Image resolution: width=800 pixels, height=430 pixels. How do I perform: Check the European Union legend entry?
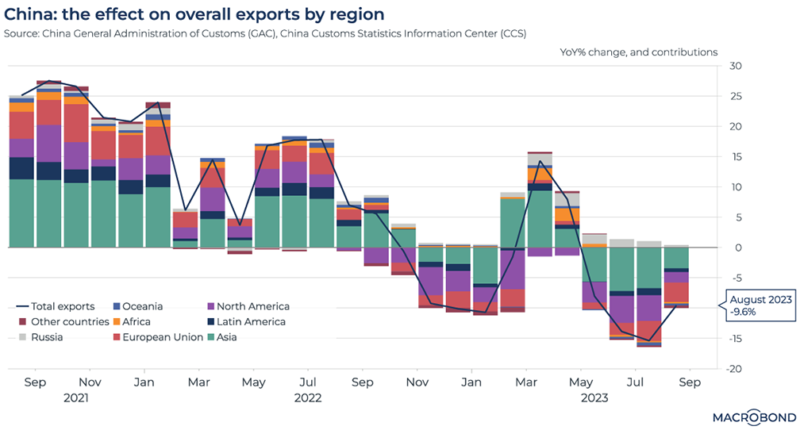(154, 336)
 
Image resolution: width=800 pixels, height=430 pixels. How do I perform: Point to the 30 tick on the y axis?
(735, 66)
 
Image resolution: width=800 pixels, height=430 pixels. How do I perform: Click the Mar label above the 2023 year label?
(525, 382)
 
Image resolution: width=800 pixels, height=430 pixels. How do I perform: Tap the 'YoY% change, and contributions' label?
(638, 52)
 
